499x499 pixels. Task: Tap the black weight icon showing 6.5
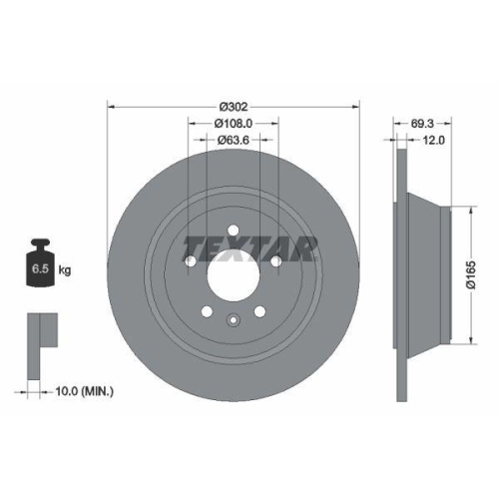tap(41, 263)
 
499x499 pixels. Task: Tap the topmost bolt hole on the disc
tap(232, 234)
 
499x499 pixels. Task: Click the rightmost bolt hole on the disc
tap(274, 261)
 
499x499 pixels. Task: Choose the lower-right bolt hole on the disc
tap(257, 307)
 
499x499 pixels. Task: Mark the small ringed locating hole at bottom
tap(232, 321)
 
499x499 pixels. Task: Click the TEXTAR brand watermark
tap(249, 246)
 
